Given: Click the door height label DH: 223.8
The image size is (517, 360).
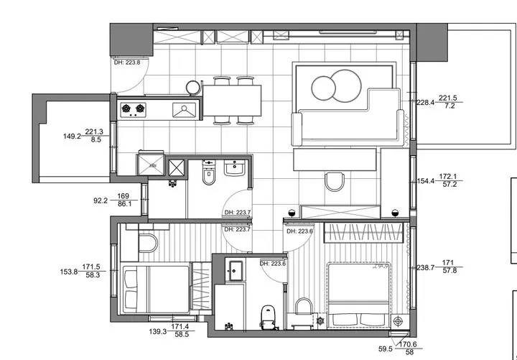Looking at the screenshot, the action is pos(127,62).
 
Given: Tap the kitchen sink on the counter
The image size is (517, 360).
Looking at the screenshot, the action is pos(184,110).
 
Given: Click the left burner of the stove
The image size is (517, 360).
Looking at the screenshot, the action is pos(126,108).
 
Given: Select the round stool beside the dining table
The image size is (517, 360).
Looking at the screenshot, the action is pos(193,88).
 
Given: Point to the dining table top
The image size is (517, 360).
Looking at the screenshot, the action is pos(232,101).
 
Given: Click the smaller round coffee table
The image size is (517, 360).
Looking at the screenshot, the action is pos(323,88).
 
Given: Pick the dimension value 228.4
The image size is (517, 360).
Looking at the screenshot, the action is pos(425,103).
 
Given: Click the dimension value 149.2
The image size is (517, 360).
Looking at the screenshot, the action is pos(73,137).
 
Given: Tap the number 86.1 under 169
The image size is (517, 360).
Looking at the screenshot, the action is pos(125,204).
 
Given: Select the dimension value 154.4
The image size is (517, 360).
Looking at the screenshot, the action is pos(426,181).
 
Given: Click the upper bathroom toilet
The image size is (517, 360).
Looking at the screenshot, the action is pos(208,173).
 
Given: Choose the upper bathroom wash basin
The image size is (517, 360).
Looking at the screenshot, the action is pos(234,167).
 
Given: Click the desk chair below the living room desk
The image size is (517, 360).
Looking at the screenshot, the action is pos(335,182).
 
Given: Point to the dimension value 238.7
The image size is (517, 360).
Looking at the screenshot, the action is pos(426,268).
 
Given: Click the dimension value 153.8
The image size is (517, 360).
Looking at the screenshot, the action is pos(69,272).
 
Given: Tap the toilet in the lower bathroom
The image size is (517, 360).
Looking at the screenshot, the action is pos(268,317).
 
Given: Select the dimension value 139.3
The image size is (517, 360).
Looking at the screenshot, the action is pos(158,332).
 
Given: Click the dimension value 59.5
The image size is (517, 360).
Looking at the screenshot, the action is pos(386,349).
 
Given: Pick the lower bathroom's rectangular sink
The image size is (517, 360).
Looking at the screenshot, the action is pos(236,271).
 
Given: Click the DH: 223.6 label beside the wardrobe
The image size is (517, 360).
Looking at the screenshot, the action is pos(299,231).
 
